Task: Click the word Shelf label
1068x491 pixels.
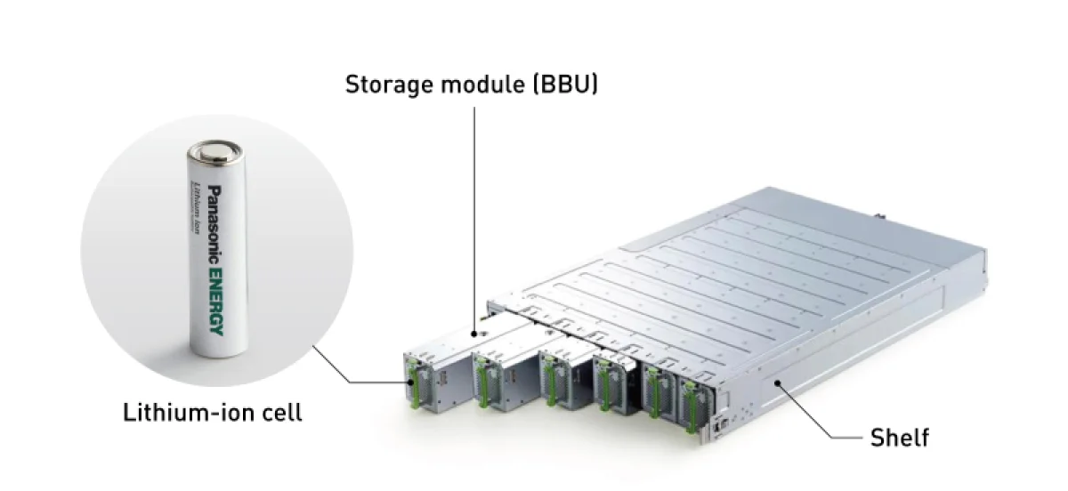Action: pos(900,438)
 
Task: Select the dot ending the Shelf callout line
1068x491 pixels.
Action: pos(778,383)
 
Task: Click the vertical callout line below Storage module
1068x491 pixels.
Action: pos(474,222)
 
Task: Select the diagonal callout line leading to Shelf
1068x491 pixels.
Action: pos(805,410)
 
